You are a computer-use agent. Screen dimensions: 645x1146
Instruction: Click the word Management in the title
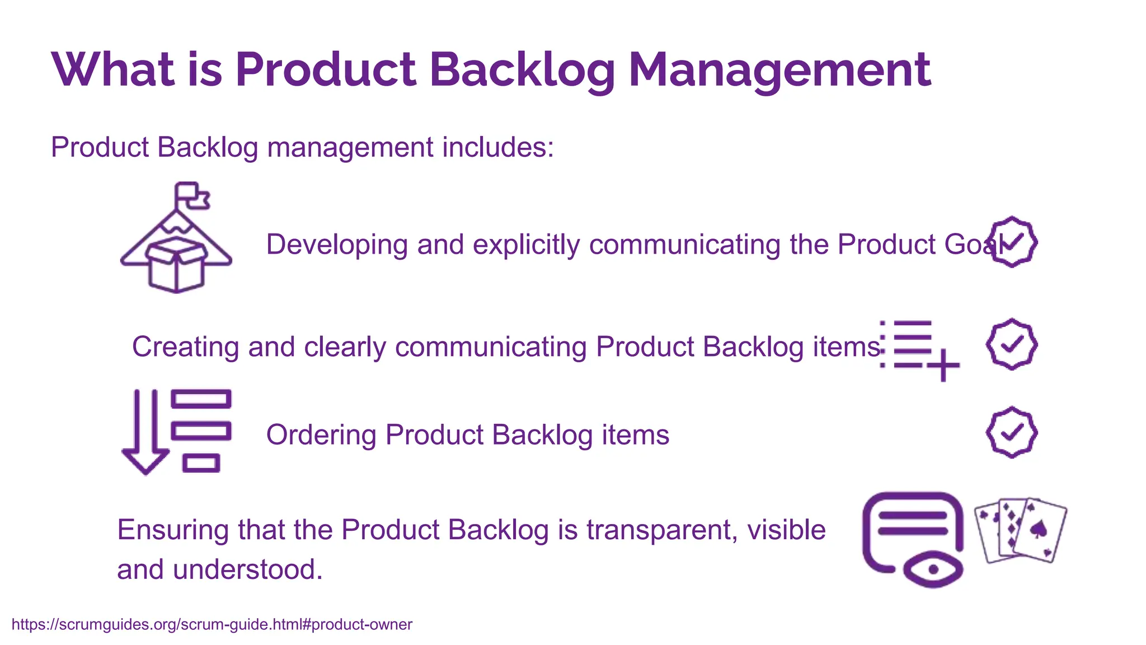click(779, 70)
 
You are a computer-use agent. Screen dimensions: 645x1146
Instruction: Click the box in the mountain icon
click(176, 264)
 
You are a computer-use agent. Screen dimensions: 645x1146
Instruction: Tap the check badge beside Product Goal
click(1012, 242)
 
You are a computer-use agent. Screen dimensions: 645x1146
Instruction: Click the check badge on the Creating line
click(1012, 344)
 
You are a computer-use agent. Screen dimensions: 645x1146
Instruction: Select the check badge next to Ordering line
click(1012, 432)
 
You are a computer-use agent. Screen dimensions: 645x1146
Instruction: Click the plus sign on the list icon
click(943, 365)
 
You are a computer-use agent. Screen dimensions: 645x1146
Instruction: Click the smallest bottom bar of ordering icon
click(201, 464)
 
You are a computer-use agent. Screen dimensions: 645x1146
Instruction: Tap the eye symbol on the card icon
click(933, 569)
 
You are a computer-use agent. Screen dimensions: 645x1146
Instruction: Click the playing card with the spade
click(1040, 530)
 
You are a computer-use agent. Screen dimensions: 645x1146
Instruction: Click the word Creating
click(185, 347)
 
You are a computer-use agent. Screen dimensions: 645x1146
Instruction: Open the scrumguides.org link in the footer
click(212, 624)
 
